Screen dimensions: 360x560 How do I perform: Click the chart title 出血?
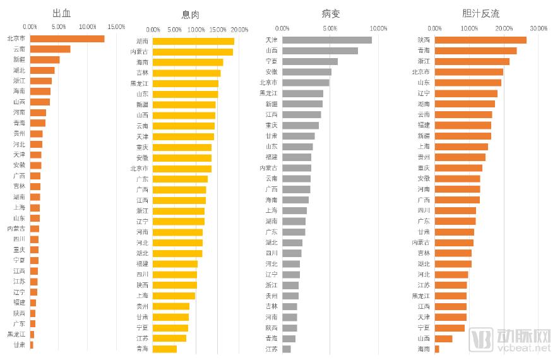(61, 12)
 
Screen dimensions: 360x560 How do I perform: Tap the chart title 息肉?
(191, 15)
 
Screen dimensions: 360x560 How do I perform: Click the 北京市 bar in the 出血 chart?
(67, 39)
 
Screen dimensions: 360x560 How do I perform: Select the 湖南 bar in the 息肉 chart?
(193, 41)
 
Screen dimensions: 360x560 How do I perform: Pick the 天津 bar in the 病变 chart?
(327, 40)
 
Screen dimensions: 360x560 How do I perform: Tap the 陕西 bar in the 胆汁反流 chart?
(480, 40)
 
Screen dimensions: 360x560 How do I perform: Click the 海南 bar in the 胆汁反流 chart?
(437, 349)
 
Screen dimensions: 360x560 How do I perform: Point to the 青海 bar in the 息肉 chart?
(165, 349)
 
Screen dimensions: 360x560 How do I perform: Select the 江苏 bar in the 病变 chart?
(287, 349)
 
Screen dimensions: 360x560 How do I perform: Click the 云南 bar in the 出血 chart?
(50, 49)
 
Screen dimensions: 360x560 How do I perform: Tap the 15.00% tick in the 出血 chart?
(116, 27)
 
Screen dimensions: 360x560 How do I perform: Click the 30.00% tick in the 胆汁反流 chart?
(538, 28)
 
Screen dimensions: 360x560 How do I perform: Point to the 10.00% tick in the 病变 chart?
(378, 28)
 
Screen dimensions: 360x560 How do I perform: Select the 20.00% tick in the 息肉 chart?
(239, 30)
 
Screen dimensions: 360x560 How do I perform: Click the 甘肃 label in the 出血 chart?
(20, 345)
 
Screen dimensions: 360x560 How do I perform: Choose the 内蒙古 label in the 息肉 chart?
(140, 52)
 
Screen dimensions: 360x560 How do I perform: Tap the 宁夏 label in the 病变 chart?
(271, 61)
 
